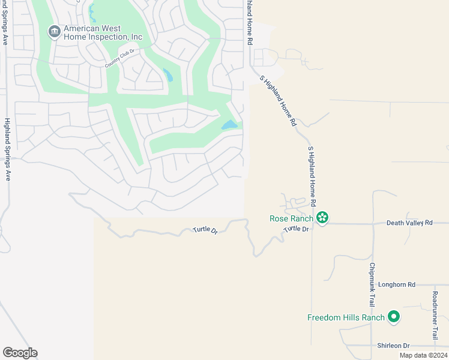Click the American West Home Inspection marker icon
coord(55,31)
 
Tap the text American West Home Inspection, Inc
coord(103,32)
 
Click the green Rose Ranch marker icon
coord(322,217)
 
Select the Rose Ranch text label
coord(291,218)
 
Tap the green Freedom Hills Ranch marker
coord(394,316)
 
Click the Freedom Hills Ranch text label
coord(346,317)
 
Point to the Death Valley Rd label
coord(409,223)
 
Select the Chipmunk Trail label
coord(372,285)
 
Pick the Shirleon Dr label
coord(393,346)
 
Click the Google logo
coord(20,353)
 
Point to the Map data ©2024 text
coord(423,355)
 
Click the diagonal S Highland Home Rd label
coord(279,100)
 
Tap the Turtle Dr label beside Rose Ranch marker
coord(297,229)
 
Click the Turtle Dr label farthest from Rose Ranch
coord(205,230)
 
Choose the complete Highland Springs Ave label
coord(8,149)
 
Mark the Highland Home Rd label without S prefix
coord(247,22)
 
